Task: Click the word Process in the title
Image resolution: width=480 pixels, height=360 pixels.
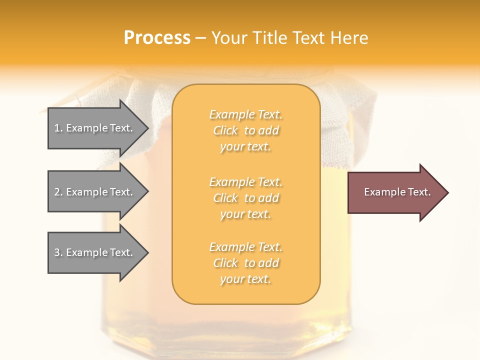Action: (x=157, y=38)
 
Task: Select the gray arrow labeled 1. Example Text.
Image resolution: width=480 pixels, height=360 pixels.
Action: (x=95, y=128)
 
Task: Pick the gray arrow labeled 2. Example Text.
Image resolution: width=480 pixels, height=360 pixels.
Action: (x=95, y=192)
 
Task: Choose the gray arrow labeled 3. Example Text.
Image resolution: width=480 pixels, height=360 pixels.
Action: (x=95, y=252)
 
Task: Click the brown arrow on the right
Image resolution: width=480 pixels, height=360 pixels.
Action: (x=395, y=192)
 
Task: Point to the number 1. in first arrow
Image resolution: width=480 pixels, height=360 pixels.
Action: (x=58, y=128)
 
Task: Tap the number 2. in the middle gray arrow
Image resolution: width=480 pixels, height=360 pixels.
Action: (x=58, y=192)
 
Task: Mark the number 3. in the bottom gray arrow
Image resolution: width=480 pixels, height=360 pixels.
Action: (x=58, y=252)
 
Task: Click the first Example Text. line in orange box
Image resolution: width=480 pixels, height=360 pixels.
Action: (x=245, y=114)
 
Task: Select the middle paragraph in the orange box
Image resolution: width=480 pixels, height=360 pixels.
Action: (x=245, y=198)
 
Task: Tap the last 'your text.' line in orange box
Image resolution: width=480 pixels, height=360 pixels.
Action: (x=245, y=279)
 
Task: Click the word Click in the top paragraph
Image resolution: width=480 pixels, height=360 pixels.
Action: (x=225, y=130)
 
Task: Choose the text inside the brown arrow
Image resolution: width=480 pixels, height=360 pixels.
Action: (x=397, y=192)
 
